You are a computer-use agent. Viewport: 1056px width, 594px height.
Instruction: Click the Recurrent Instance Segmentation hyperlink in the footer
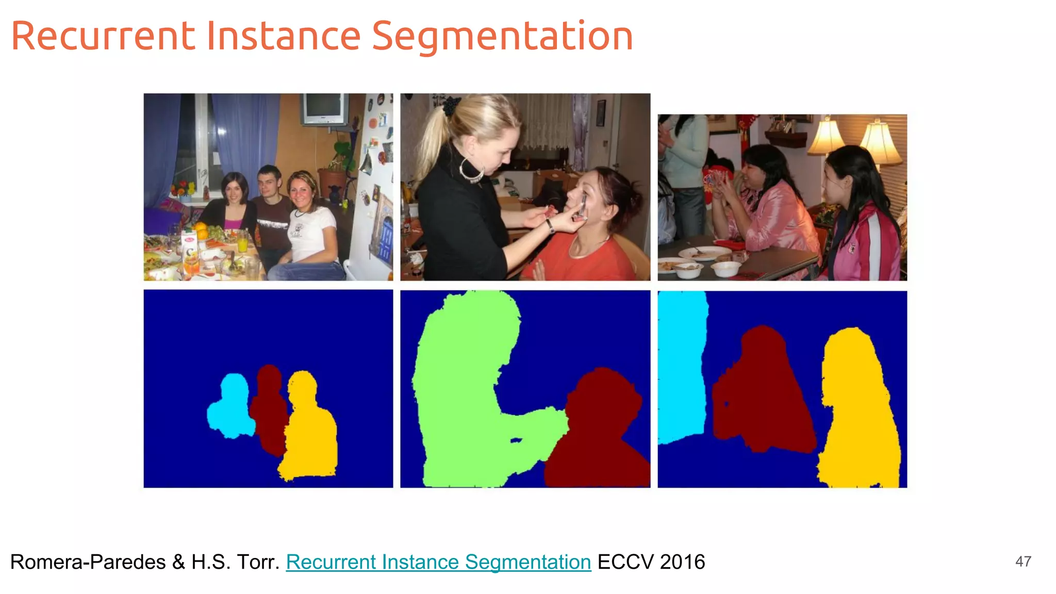coord(438,562)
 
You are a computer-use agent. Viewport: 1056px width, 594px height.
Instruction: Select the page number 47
coord(1023,562)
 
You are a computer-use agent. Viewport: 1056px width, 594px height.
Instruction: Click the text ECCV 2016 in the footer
coord(651,562)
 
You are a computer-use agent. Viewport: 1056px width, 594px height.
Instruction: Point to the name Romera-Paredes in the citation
coord(88,562)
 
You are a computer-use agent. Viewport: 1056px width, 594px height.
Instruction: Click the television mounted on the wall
coord(324,108)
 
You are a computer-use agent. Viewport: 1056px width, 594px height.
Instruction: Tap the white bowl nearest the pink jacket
coord(726,268)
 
